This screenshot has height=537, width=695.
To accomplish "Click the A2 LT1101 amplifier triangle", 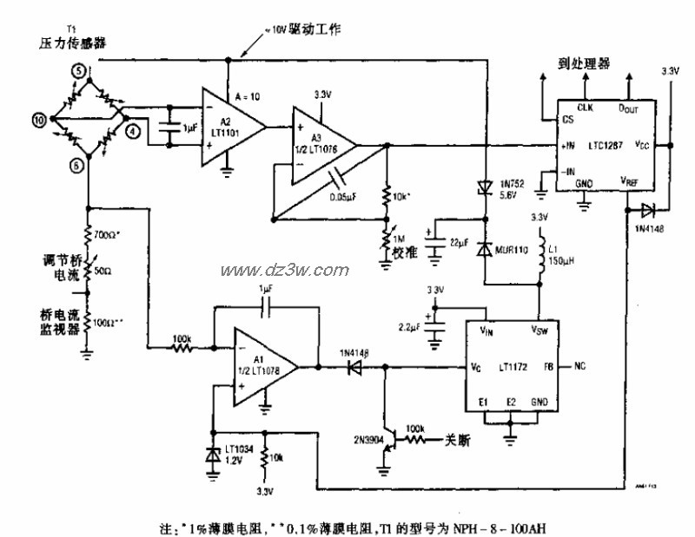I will tap(228, 123).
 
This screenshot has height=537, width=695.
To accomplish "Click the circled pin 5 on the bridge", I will tap(79, 70).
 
